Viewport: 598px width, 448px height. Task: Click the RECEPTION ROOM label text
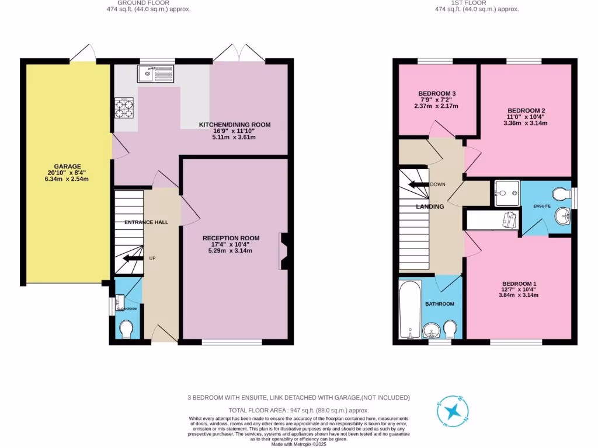pyautogui.click(x=231, y=238)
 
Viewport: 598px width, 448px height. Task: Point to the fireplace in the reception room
pyautogui.click(x=284, y=251)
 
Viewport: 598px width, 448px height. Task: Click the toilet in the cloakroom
pyautogui.click(x=126, y=330)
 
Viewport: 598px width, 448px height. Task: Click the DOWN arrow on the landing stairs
pyautogui.click(x=418, y=184)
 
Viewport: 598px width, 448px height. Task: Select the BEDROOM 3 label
pyautogui.click(x=437, y=93)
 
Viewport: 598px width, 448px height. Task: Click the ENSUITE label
pyautogui.click(x=541, y=206)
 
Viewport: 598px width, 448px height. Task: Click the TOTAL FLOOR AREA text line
pyautogui.click(x=298, y=410)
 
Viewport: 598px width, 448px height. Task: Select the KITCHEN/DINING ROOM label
pyautogui.click(x=235, y=125)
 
